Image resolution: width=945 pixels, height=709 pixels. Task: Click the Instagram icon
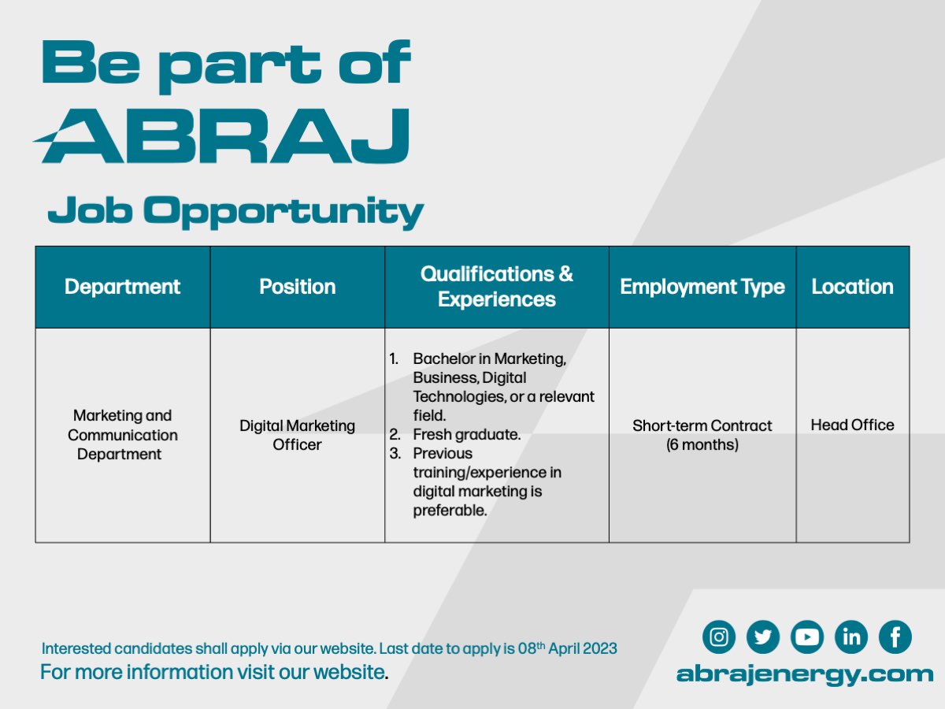coord(718,637)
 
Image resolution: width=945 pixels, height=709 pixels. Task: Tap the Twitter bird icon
coord(763,637)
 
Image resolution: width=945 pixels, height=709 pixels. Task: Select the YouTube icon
coord(807,637)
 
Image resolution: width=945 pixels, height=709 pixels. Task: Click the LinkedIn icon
coord(851,637)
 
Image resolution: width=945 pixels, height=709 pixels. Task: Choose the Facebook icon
coord(895,637)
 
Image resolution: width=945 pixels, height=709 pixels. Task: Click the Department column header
coord(122,287)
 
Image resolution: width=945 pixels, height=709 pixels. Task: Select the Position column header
coord(298,287)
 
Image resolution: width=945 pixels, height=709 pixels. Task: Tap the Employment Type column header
coord(702,287)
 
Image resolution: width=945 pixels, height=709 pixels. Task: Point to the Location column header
coord(852,287)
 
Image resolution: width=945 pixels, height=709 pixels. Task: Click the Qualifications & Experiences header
coord(497,287)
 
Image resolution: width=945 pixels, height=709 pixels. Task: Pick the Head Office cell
coord(852,425)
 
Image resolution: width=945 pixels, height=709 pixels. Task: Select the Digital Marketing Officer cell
coord(297,435)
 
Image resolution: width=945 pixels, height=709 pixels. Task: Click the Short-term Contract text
coord(702,425)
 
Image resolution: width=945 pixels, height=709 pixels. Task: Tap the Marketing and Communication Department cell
coord(122,435)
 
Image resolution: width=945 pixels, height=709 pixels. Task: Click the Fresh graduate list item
coord(467,434)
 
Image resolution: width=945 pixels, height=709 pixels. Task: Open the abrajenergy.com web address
coord(805,674)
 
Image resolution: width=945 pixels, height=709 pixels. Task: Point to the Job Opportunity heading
coord(235,212)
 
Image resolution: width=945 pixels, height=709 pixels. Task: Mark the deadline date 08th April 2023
coord(568,648)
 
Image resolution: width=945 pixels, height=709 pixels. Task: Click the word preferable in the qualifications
coord(450,510)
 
